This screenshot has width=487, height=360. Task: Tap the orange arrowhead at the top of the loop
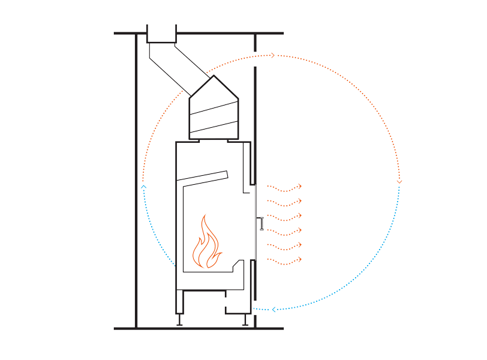point(273,55)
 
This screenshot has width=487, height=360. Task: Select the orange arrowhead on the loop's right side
point(399,181)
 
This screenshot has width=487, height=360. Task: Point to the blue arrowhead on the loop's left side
point(143,187)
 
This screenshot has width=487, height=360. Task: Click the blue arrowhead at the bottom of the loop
point(274,310)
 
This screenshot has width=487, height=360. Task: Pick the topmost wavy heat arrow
point(284,188)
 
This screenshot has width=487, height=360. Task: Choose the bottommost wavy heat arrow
point(284,260)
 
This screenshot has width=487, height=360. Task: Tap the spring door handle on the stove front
point(261,223)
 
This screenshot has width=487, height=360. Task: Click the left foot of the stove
point(179,319)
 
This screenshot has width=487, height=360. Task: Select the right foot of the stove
point(245,320)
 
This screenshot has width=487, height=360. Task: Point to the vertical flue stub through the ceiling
point(161,34)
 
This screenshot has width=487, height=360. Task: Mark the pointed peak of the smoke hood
point(214,76)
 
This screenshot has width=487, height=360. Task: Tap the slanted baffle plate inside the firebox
point(202,176)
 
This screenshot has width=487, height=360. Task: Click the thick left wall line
point(136,180)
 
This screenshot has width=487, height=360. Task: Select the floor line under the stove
point(198,329)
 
